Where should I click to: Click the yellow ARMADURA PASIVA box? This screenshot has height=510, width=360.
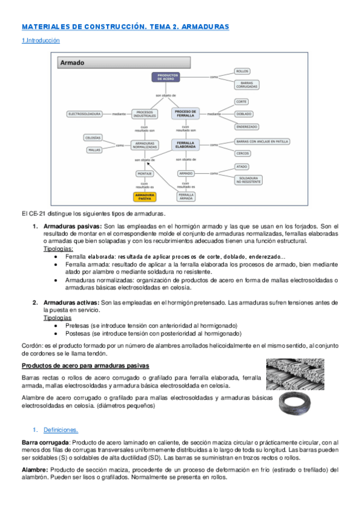[x=144, y=196]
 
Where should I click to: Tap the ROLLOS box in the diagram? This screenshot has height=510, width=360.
[x=242, y=71]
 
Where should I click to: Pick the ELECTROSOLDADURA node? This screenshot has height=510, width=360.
[x=85, y=113]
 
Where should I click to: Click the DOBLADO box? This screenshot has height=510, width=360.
[x=244, y=114]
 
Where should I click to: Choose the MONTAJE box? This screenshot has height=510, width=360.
[x=145, y=173]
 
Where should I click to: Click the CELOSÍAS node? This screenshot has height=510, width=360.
[x=94, y=138]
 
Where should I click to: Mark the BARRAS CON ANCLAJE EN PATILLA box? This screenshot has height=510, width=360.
[x=263, y=141]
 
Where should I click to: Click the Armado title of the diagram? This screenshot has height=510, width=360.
[x=73, y=62]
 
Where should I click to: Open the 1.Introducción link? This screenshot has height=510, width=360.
[x=41, y=40]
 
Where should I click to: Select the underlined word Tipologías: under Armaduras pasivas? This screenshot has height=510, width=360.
[x=58, y=248]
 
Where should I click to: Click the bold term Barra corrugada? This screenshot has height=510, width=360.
[x=45, y=442]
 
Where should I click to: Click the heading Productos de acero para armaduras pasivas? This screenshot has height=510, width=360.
[x=85, y=366]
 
